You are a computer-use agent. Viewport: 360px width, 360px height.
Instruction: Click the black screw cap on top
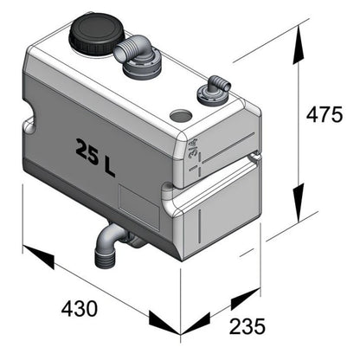(x=97, y=34)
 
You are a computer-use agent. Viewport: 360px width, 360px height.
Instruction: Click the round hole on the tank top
(x=181, y=116)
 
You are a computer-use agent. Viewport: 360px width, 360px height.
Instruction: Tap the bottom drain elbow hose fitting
(x=111, y=244)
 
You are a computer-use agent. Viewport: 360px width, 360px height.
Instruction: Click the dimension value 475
(x=325, y=115)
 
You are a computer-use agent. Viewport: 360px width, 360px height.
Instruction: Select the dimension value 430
(x=80, y=308)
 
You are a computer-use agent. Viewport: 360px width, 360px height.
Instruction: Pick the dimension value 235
(x=247, y=326)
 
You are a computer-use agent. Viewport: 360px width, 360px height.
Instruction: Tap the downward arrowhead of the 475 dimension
(x=299, y=202)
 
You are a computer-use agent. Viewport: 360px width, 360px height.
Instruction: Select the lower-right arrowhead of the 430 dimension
(x=164, y=323)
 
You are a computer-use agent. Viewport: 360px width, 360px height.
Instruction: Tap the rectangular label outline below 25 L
(x=139, y=207)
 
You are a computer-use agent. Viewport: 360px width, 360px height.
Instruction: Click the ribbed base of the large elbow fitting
(x=141, y=68)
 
